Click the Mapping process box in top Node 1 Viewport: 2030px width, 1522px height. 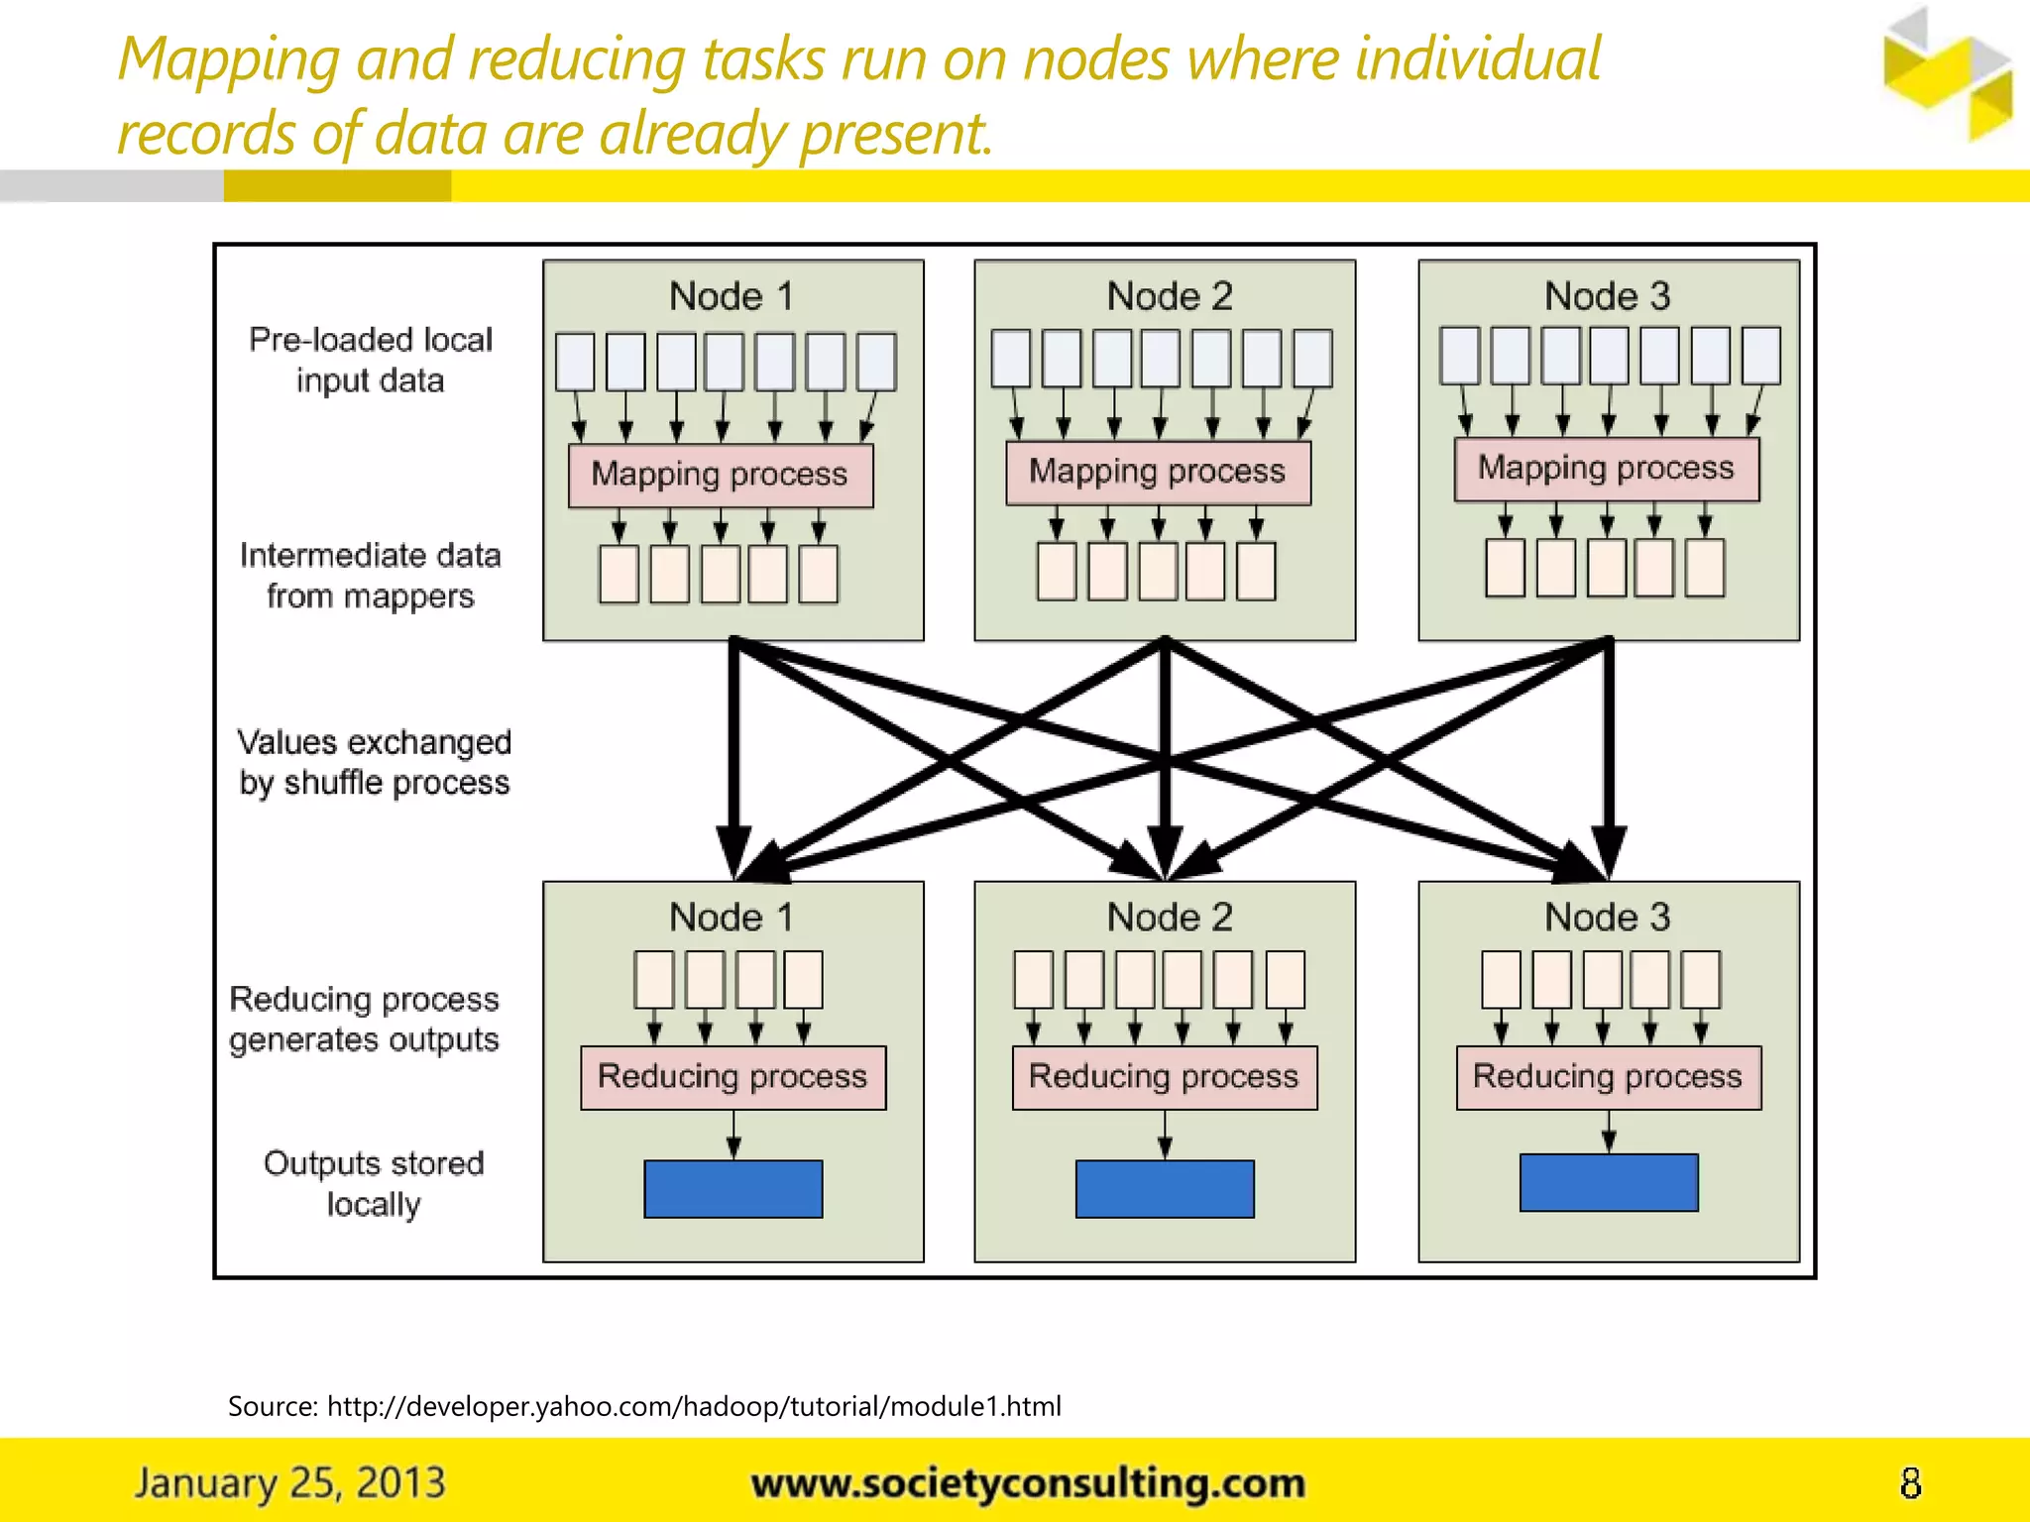[x=721, y=476]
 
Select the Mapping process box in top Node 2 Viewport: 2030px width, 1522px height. [x=1158, y=473]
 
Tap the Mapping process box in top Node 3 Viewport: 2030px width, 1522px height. [x=1607, y=470]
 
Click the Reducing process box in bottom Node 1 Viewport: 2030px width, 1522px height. [x=733, y=1077]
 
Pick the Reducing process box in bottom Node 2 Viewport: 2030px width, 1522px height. [x=1165, y=1077]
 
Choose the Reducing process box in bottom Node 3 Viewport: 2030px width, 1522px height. [x=1608, y=1077]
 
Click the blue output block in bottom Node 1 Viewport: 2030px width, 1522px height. [x=733, y=1188]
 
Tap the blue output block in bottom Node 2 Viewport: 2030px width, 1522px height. [x=1165, y=1188]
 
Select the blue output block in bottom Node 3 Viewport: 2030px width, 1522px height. [x=1608, y=1182]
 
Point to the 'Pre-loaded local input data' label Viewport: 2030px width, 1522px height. [x=371, y=360]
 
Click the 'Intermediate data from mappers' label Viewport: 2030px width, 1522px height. [x=371, y=576]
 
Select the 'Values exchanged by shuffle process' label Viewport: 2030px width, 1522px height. [x=375, y=762]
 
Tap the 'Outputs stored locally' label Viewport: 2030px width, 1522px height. [x=374, y=1183]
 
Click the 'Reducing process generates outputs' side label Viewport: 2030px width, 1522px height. [x=365, y=1019]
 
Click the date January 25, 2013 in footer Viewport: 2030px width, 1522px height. [x=290, y=1483]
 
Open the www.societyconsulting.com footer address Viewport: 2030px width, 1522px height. [x=1028, y=1483]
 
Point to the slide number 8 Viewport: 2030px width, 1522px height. [x=1910, y=1483]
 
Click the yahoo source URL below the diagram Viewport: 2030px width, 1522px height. [x=694, y=1406]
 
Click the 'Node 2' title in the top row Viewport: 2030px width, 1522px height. [x=1170, y=296]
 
